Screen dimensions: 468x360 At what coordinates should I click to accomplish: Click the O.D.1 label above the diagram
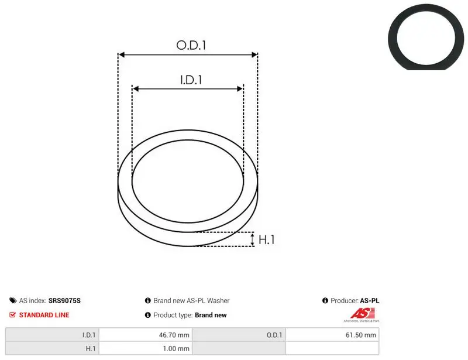tap(191, 45)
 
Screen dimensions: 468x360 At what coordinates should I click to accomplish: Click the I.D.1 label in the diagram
tap(191, 80)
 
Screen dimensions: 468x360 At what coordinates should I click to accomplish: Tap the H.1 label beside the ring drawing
tap(266, 239)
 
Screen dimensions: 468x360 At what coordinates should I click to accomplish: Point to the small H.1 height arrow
tap(253, 239)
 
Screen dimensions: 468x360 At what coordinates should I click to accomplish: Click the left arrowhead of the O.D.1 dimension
tap(121, 54)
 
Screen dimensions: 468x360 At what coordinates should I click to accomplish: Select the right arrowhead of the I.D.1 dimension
tap(240, 89)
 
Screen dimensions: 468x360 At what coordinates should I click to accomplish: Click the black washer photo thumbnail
tap(426, 37)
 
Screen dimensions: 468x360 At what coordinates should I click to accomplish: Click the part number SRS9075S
tap(64, 300)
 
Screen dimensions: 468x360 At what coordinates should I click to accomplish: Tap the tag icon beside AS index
tap(13, 300)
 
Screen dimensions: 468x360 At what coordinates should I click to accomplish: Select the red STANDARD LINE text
tap(44, 315)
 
